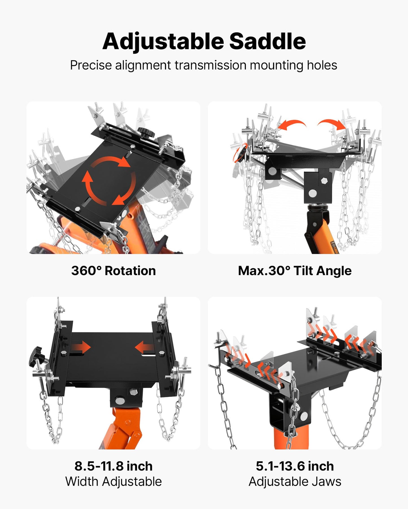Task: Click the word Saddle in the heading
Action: coord(267,41)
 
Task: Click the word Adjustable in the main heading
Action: coord(163,42)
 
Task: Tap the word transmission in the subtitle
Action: coord(210,65)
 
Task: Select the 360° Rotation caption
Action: coord(114,271)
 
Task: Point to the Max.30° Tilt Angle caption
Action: coord(295,271)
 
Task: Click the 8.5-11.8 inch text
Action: coord(114,466)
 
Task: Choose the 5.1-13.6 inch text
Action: coord(295,466)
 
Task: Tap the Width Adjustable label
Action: coord(114,481)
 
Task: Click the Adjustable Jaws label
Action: coord(295,481)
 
